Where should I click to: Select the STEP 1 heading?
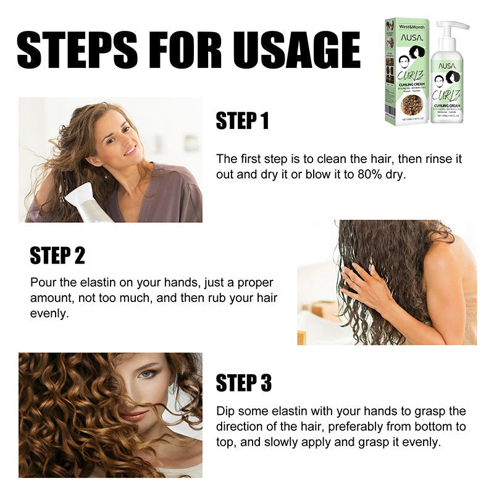242,121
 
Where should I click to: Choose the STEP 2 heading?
57,255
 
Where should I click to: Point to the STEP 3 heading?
243,383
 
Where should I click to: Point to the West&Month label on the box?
406,28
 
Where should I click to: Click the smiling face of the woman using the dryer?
120,139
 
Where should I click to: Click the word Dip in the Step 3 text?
226,411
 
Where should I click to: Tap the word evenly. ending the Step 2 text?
49,314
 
